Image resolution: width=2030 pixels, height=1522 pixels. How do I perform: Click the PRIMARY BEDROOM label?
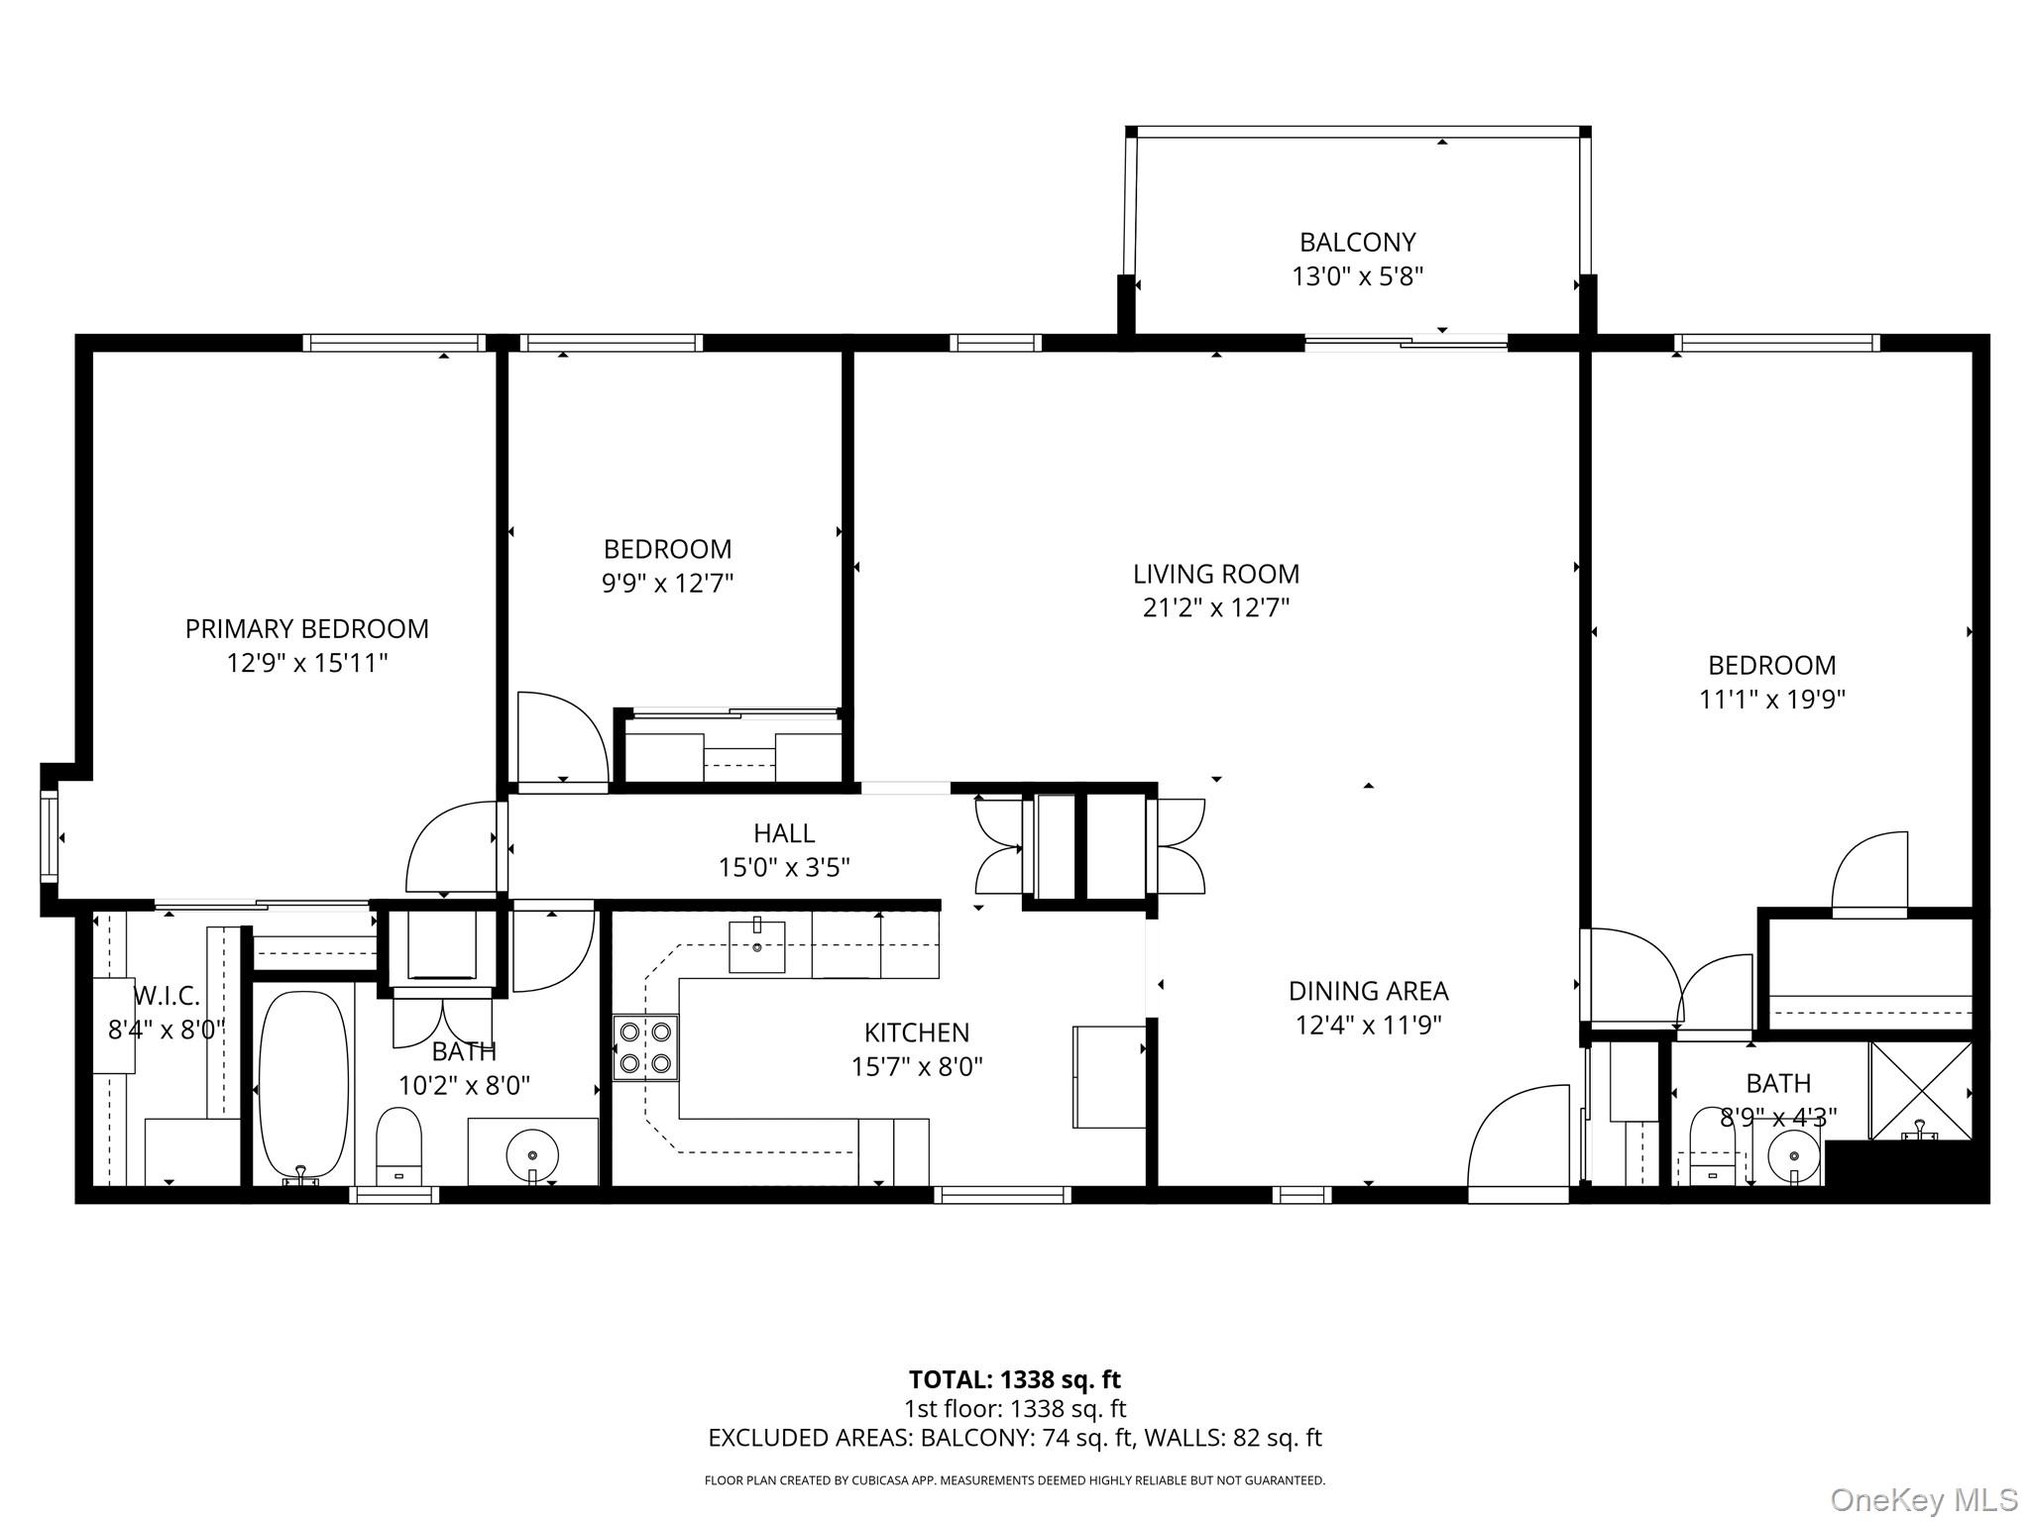coord(307,628)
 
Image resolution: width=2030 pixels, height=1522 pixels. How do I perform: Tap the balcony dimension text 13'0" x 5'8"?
coord(1357,276)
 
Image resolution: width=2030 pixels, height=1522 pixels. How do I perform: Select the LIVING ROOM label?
coord(1216,574)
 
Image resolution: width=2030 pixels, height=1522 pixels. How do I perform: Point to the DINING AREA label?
coord(1368,991)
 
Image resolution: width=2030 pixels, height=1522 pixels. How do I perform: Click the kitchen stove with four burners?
coord(645,1047)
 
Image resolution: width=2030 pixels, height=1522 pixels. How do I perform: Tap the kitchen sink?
coord(757,946)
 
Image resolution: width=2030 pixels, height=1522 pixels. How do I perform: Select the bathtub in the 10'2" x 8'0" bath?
coord(303,1084)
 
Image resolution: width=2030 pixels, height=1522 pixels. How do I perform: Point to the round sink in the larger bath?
coord(532,1153)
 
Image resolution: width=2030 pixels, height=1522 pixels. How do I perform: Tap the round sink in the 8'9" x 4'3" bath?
coord(1794,1155)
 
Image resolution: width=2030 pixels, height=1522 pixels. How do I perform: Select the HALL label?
coord(784,833)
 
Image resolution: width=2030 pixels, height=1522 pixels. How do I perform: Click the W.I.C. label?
coord(167,995)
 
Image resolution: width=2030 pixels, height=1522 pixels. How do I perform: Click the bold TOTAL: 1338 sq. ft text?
coord(1014,1379)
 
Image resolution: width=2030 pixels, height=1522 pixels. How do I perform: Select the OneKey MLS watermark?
coord(1922,1499)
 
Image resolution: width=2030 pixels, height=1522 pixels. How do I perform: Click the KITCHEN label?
coord(917,1033)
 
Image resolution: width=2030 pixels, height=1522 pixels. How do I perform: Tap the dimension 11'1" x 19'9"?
coord(1771,700)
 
